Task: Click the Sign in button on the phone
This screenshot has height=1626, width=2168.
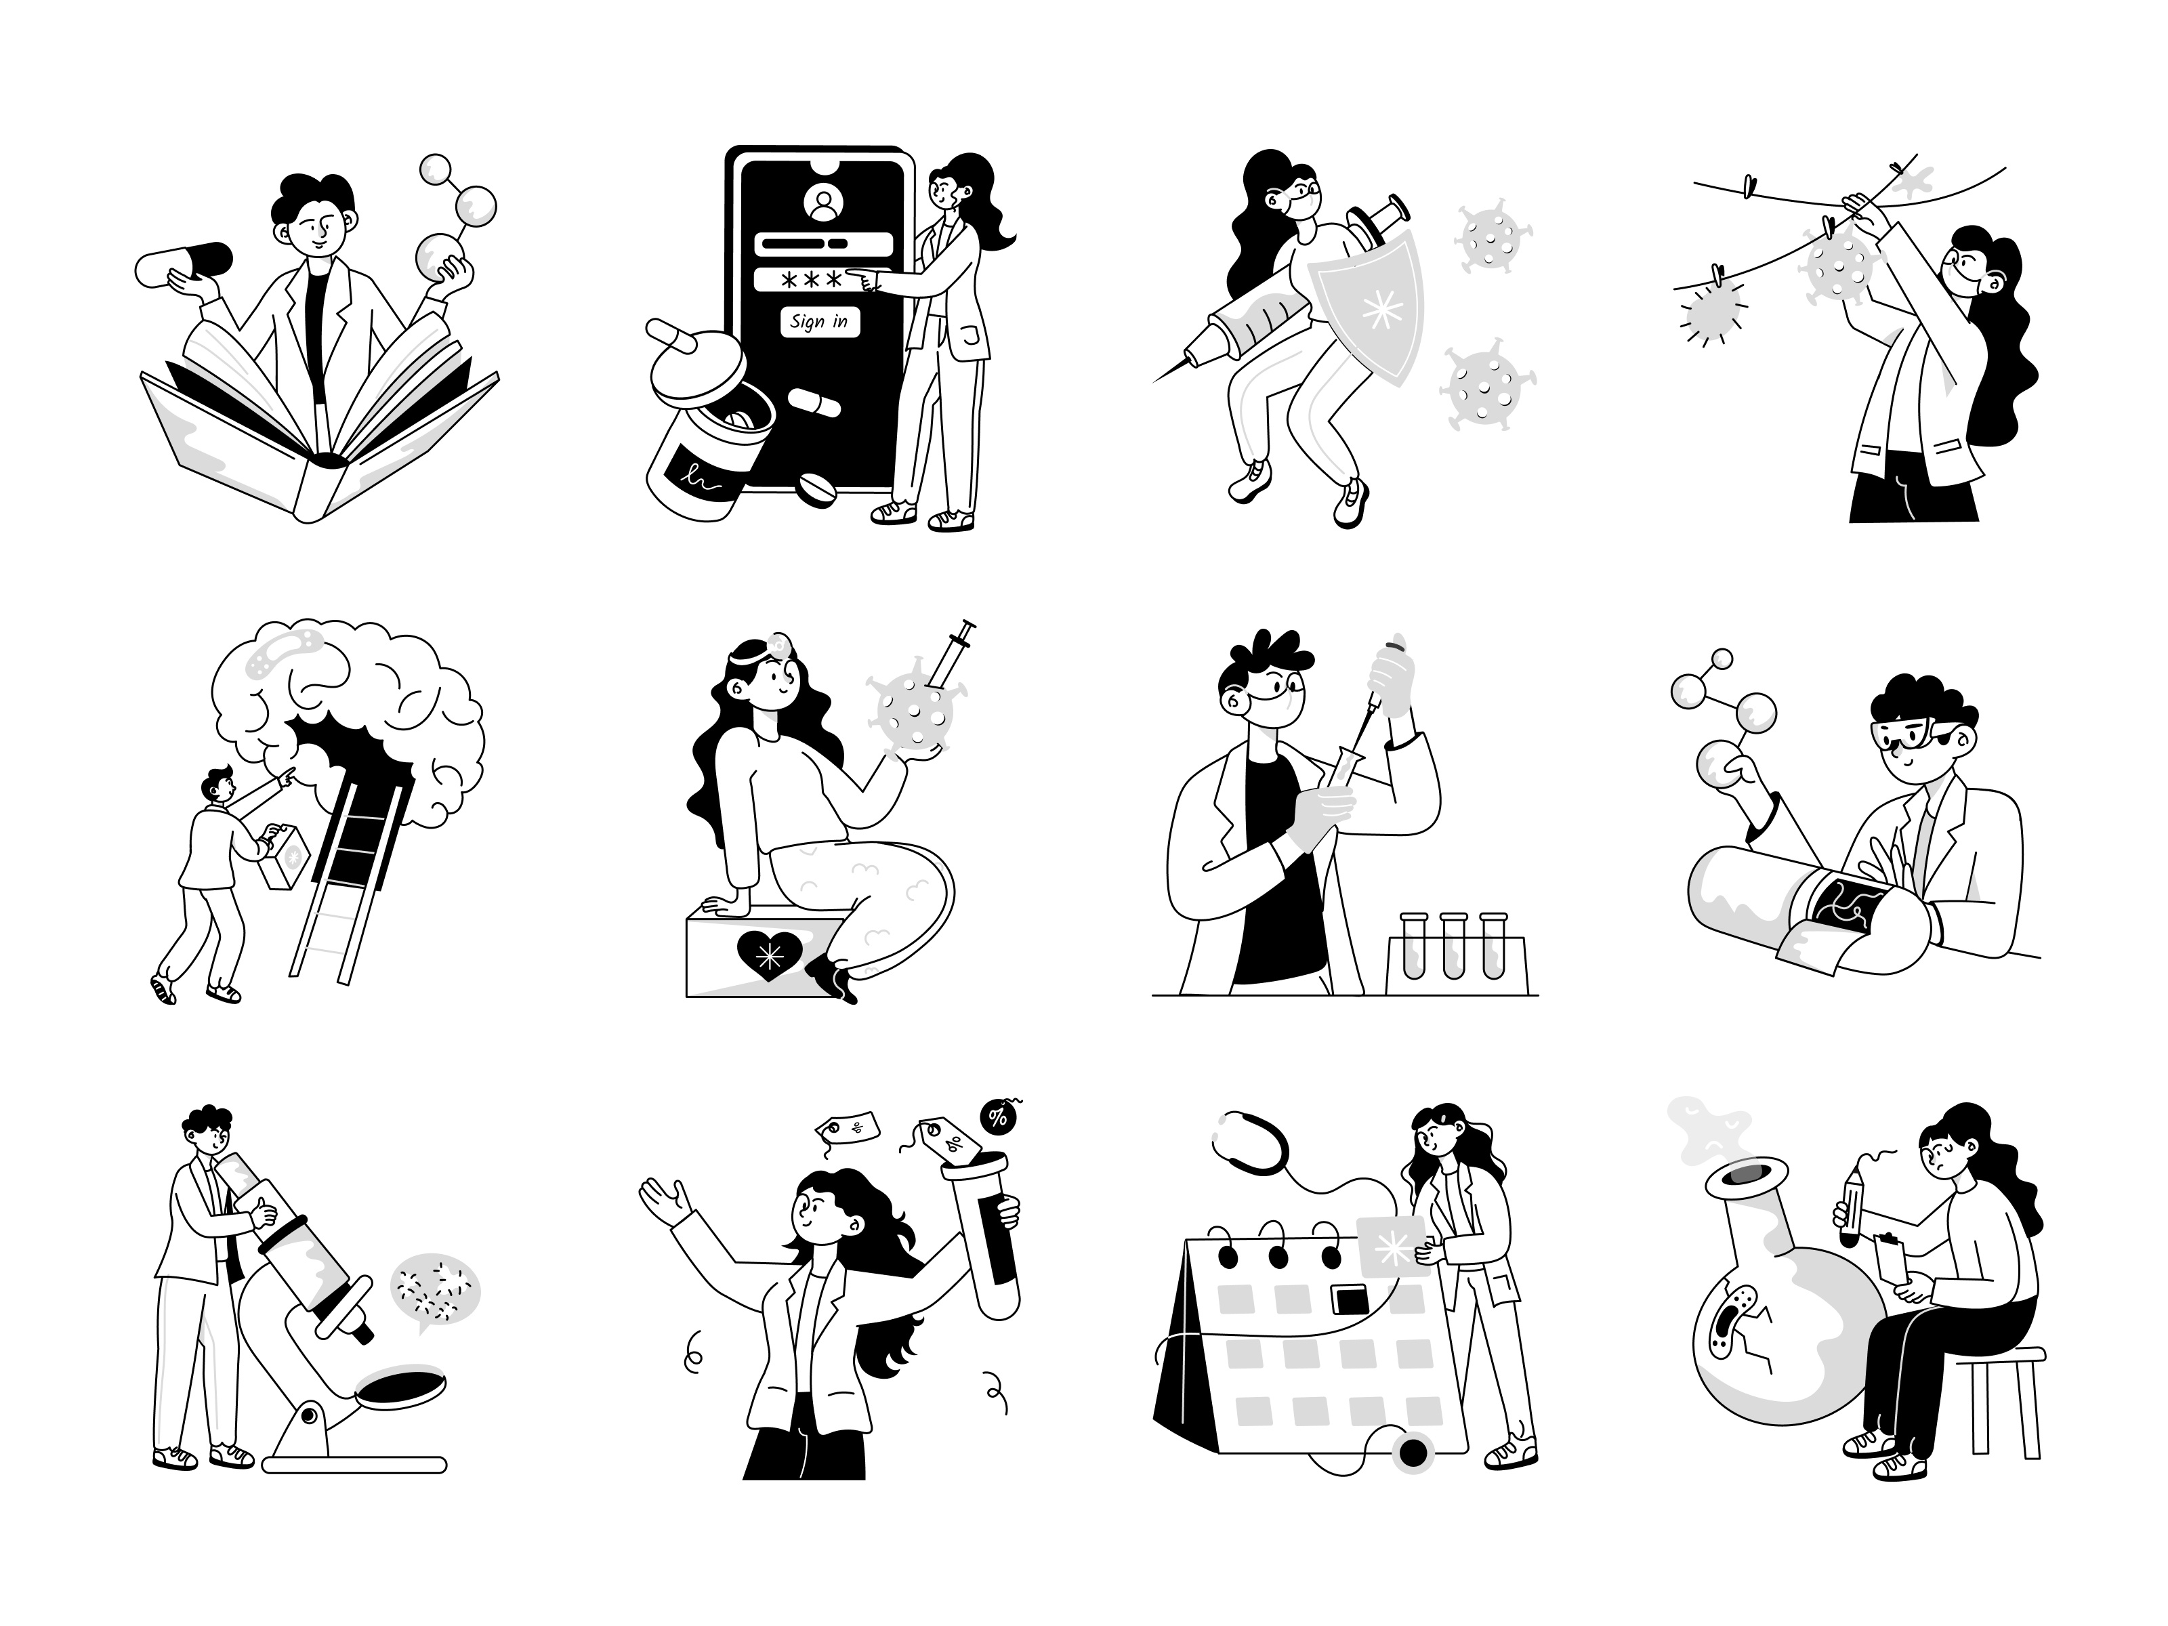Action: tap(819, 322)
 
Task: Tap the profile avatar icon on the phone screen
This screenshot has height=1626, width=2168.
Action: tap(823, 203)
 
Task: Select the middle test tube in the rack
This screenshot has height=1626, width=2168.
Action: tap(1453, 946)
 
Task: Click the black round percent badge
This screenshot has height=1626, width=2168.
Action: tap(998, 1117)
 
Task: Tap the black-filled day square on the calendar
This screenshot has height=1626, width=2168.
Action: tap(1349, 1299)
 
